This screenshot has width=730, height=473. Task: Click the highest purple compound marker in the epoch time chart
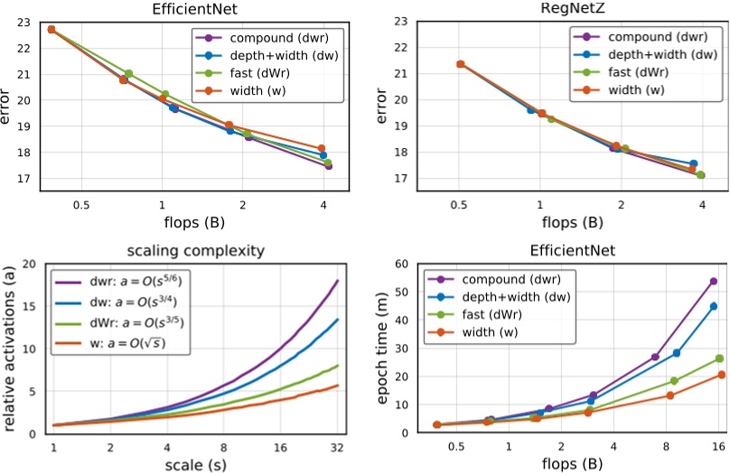coord(713,282)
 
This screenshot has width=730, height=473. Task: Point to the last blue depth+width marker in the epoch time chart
coord(713,307)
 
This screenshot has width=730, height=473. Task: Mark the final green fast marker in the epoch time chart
coord(719,358)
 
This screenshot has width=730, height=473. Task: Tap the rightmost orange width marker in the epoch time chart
coord(721,375)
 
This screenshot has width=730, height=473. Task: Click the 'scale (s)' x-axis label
coord(196,465)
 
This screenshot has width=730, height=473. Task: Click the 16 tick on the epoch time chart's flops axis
coord(718,447)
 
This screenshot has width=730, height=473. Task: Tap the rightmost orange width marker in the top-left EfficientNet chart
coord(321,148)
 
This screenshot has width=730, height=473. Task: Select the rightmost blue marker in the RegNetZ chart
coord(693,164)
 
